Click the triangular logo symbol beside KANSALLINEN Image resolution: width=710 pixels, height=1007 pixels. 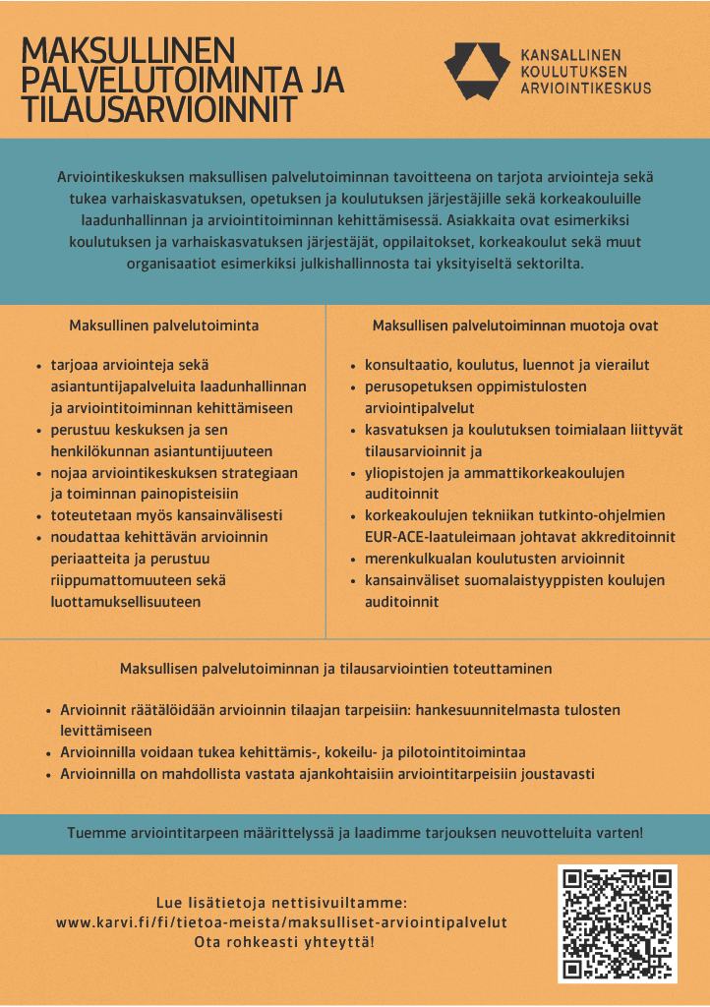(477, 71)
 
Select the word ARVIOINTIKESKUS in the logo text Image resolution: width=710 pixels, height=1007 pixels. (585, 88)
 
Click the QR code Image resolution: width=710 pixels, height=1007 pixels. (618, 923)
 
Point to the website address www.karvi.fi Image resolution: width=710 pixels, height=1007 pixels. (281, 922)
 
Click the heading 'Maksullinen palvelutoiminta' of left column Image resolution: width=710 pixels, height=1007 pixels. (164, 325)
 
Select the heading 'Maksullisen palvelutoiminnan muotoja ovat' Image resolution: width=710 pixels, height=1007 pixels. (515, 325)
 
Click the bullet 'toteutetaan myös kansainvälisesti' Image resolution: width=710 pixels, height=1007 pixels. (166, 514)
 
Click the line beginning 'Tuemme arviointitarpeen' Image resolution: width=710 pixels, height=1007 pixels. (355, 833)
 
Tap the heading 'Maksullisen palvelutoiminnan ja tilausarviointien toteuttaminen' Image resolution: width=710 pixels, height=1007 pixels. (335, 669)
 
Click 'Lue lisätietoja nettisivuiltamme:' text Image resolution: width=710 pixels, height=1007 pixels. (281, 903)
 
